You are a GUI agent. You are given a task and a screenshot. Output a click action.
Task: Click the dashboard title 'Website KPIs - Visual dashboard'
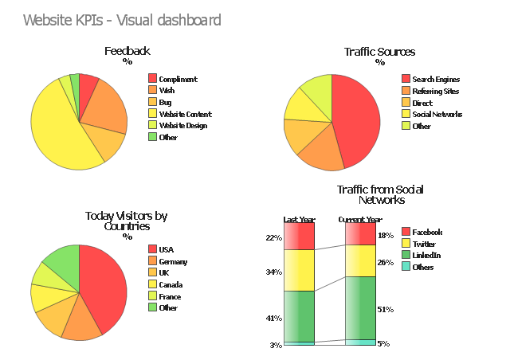[122, 20]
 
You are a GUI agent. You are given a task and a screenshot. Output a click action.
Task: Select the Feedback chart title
[127, 52]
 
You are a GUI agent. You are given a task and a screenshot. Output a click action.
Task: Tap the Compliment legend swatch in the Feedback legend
[153, 79]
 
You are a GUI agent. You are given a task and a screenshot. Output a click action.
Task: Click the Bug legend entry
[164, 102]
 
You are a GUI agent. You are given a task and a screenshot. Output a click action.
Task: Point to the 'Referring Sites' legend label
[437, 91]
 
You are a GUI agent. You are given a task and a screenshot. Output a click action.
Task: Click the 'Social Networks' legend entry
[437, 114]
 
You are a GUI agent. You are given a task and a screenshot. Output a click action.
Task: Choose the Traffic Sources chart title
[379, 52]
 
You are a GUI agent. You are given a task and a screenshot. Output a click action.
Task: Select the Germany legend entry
[172, 261]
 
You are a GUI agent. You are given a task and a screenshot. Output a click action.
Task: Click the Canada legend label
[171, 284]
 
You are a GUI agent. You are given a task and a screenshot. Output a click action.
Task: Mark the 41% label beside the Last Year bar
[273, 318]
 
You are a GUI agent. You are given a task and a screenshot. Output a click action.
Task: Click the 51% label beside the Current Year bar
[385, 310]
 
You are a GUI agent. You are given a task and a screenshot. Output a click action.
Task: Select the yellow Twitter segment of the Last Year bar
[299, 270]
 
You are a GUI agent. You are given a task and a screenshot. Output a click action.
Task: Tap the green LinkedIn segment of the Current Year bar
[360, 307]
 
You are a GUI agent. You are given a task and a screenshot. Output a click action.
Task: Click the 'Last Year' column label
[299, 219]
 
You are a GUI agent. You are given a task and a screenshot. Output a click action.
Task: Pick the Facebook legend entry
[427, 232]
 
